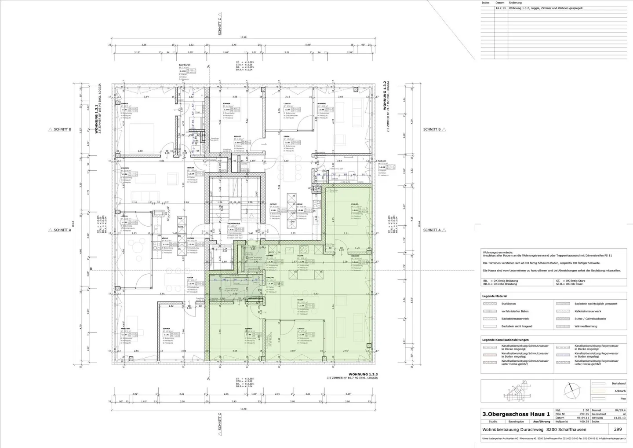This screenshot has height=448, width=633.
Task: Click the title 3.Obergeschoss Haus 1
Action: point(516,414)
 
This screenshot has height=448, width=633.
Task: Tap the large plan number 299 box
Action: point(618,430)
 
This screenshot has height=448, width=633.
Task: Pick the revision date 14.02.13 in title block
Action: point(620,418)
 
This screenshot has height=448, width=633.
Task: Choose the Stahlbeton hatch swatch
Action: point(489,304)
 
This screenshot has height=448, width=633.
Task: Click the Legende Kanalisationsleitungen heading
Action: point(505,340)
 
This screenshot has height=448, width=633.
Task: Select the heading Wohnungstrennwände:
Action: point(497,252)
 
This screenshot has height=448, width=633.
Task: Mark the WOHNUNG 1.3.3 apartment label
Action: point(363,374)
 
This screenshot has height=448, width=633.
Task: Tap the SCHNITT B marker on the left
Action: point(62,129)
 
